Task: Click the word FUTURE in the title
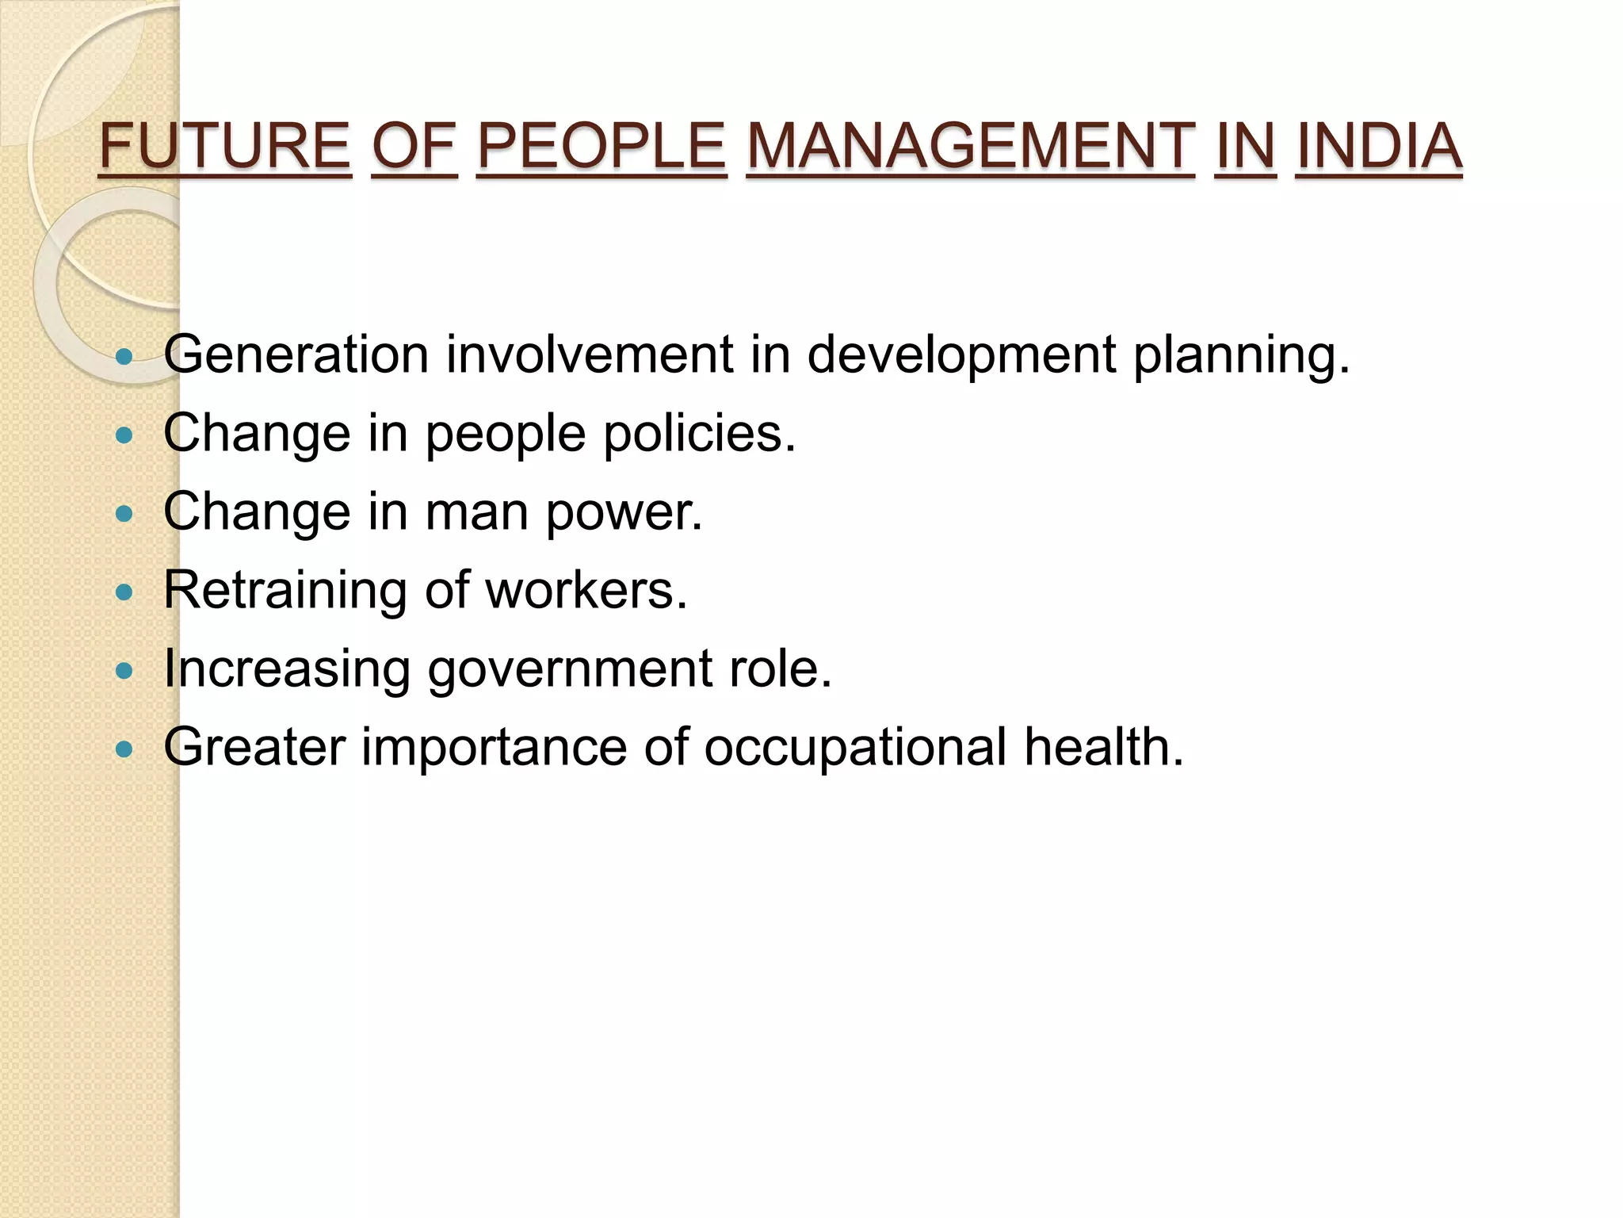click(224, 147)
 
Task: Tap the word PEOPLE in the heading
click(601, 147)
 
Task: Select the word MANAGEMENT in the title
click(970, 147)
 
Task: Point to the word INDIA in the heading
click(1379, 147)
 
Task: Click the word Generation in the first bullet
click(296, 354)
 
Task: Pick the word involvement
click(590, 354)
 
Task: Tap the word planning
click(1241, 355)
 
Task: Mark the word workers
click(586, 591)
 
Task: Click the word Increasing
click(287, 669)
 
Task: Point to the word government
click(571, 669)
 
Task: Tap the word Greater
click(254, 747)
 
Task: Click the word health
click(1104, 747)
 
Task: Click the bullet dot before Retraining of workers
click(124, 592)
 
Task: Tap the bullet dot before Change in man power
click(124, 514)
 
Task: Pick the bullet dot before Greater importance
click(124, 749)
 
